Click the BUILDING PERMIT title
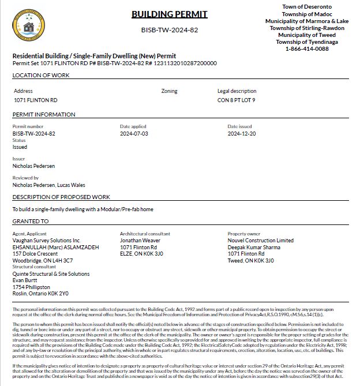(x=169, y=14)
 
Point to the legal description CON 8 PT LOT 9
(x=237, y=100)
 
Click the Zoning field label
(x=169, y=91)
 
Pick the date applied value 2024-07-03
(x=134, y=133)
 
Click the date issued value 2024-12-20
(x=242, y=133)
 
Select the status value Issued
(x=20, y=147)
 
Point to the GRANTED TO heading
(x=29, y=221)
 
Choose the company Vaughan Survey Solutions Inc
(x=46, y=240)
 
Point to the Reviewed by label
(x=25, y=178)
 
